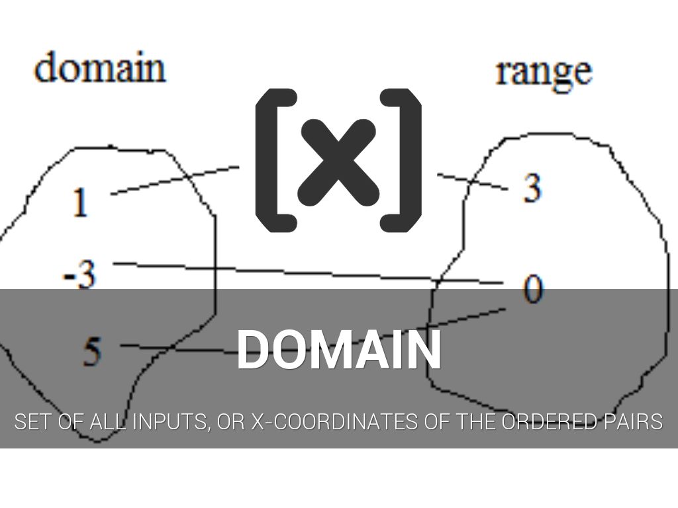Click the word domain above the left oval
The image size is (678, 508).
coord(99,68)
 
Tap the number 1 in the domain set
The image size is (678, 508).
coord(80,202)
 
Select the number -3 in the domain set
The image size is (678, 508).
coord(79,276)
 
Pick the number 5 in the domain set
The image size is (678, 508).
coord(92,351)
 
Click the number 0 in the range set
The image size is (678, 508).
coord(532,288)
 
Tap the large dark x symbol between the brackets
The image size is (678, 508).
coord(338,161)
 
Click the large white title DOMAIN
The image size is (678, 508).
coord(338,350)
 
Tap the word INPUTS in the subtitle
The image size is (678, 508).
coord(170,421)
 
